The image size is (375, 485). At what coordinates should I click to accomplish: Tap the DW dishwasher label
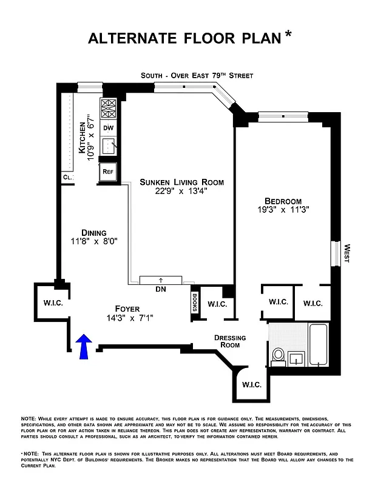pyautogui.click(x=108, y=128)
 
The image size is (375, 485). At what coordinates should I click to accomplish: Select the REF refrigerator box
pyautogui.click(x=108, y=172)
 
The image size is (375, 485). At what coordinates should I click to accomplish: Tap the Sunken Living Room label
pyautogui.click(x=181, y=182)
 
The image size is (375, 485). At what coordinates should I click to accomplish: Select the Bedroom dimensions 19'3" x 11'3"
pyautogui.click(x=283, y=212)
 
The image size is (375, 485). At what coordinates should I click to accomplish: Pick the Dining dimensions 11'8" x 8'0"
pyautogui.click(x=94, y=241)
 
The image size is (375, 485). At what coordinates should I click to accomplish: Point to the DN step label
pyautogui.click(x=160, y=289)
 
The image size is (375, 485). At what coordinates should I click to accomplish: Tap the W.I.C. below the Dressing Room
pyautogui.click(x=251, y=384)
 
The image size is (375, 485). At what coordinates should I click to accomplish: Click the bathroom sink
pyautogui.click(x=297, y=357)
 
